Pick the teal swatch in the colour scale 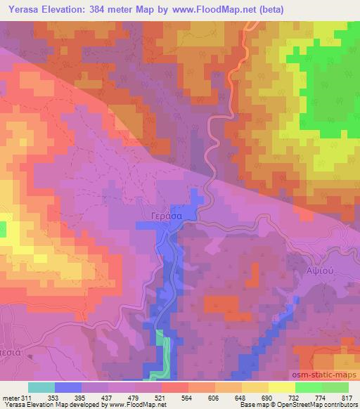point(41,387)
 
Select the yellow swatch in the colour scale point(281,387)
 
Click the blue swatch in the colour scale point(68,387)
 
